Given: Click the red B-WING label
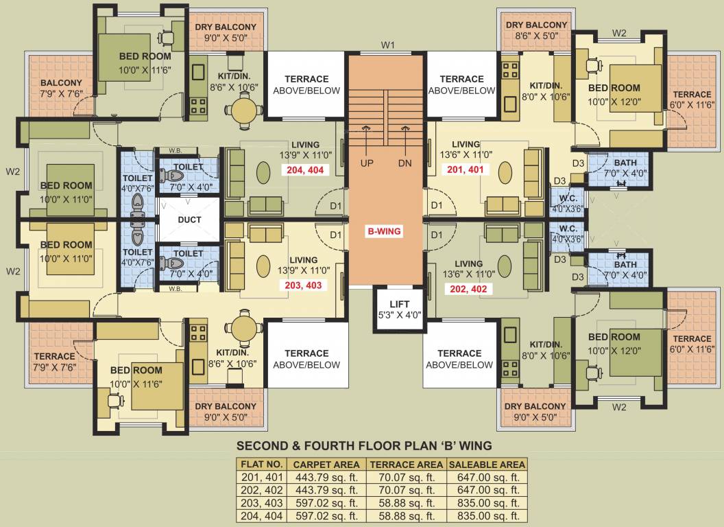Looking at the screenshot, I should pos(383,231).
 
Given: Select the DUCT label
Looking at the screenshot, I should pos(189,220).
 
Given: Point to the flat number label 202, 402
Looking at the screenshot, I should pos(468,289).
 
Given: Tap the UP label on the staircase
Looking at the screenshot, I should pos(367,164).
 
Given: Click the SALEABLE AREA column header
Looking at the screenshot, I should pos(486,465).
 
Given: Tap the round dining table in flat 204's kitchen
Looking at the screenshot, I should pos(243,109).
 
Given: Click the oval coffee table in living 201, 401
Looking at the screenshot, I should pos(505,171).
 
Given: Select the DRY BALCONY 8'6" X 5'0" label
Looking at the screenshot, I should pos(536,31).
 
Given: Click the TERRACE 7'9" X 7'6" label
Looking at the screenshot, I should pos(54,362).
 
